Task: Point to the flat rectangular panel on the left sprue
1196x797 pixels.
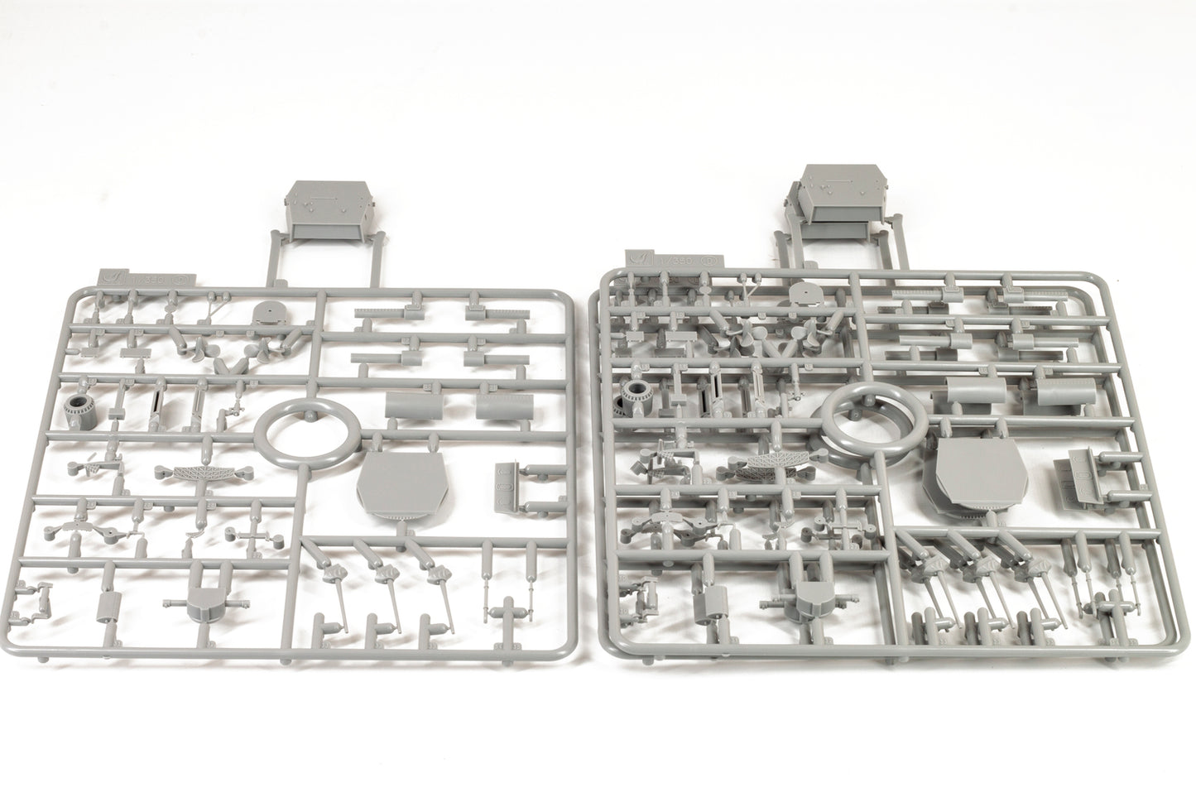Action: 507,485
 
